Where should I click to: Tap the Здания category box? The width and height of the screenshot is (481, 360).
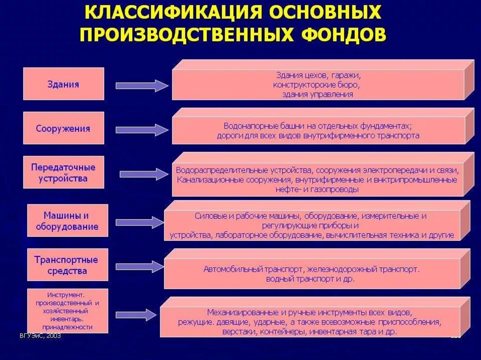pyautogui.click(x=63, y=84)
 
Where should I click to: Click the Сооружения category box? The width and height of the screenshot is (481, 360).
pyautogui.click(x=63, y=128)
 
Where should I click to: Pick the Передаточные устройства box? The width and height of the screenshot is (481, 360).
pyautogui.click(x=63, y=173)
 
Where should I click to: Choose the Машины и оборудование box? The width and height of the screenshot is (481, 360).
pyautogui.click(x=67, y=221)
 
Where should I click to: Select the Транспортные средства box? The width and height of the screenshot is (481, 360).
pyautogui.click(x=67, y=265)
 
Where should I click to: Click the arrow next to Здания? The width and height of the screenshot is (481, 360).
pyautogui.click(x=141, y=85)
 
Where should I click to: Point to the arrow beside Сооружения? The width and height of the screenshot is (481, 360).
pyautogui.click(x=141, y=130)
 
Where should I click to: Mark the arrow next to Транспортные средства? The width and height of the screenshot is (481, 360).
pyautogui.click(x=141, y=266)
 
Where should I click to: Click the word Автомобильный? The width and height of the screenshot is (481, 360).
pyautogui.click(x=227, y=269)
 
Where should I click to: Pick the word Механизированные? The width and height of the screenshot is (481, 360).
pyautogui.click(x=237, y=312)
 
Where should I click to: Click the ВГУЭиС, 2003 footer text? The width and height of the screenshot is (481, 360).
pyautogui.click(x=40, y=337)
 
